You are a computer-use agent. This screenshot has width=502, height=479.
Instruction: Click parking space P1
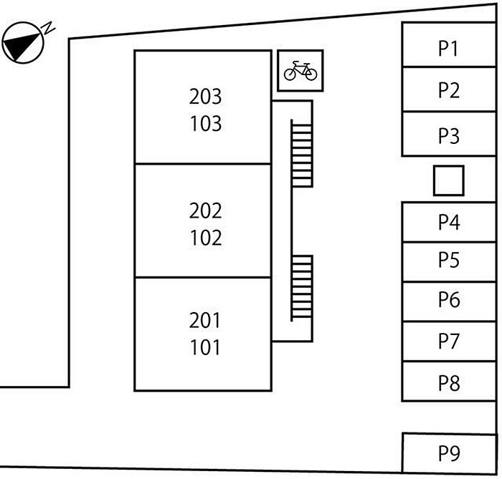coord(449,47)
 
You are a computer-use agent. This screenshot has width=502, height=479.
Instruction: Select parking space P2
coord(449,90)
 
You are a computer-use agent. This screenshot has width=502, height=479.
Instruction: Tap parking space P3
coord(449,135)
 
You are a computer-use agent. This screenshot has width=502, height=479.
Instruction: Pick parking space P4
coord(449,223)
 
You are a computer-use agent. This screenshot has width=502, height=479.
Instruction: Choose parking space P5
coord(449,261)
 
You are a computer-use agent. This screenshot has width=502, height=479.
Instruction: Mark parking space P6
coord(449,301)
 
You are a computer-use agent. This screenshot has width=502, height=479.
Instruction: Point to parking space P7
coord(449,342)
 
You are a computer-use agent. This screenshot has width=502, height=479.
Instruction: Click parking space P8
coord(449,382)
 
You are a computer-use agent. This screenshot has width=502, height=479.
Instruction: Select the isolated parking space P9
coord(449,453)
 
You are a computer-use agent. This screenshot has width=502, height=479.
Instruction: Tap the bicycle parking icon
coord(300,71)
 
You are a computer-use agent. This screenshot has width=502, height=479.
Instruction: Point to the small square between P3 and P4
coord(449,180)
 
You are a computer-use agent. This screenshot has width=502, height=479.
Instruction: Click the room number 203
coord(206,96)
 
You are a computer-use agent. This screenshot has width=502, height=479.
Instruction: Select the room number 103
coord(206,124)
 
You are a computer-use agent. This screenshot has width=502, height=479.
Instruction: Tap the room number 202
coord(206,211)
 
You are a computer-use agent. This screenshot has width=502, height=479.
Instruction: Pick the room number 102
coord(206,238)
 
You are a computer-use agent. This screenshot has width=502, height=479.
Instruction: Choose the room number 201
coord(206,321)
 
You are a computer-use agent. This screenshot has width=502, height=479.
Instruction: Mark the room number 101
coord(206,349)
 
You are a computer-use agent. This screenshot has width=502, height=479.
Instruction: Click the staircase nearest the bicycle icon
coord(301,154)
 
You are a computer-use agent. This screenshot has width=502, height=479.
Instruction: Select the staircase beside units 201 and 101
coord(301,287)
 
